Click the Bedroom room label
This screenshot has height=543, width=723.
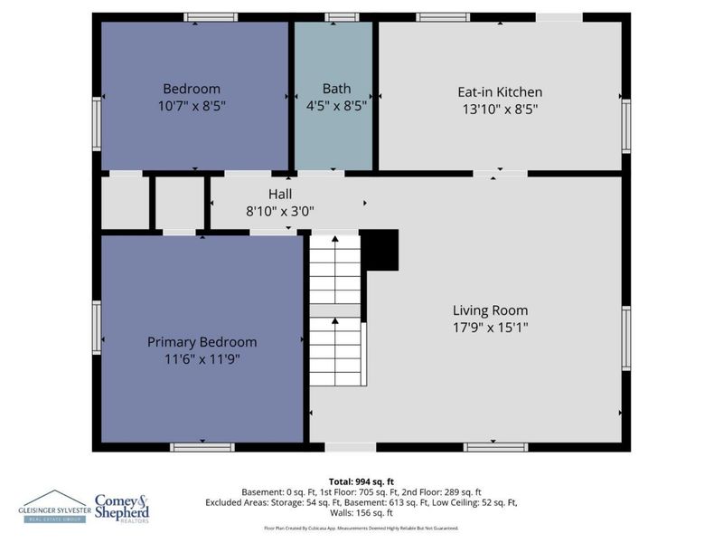click(192, 89)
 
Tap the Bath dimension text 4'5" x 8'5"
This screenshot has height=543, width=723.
click(335, 106)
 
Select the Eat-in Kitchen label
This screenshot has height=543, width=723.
click(500, 91)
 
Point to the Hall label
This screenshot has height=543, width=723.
click(280, 195)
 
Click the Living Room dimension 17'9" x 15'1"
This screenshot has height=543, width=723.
click(491, 327)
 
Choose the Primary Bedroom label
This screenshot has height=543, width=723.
click(202, 342)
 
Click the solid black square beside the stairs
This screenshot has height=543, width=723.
click(380, 250)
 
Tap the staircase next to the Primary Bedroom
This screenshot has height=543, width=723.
click(336, 308)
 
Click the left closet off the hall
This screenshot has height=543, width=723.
click(125, 203)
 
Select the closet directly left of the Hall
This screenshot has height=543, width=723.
click(180, 203)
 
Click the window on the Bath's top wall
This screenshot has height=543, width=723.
click(342, 16)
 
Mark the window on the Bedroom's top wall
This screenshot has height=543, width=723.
click(211, 16)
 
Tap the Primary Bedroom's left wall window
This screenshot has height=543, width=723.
click(97, 328)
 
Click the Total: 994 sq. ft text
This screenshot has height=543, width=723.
click(361, 481)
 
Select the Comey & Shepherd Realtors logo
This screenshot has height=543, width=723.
click(122, 506)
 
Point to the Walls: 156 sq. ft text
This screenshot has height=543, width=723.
click(361, 513)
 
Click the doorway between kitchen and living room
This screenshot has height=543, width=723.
click(500, 173)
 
